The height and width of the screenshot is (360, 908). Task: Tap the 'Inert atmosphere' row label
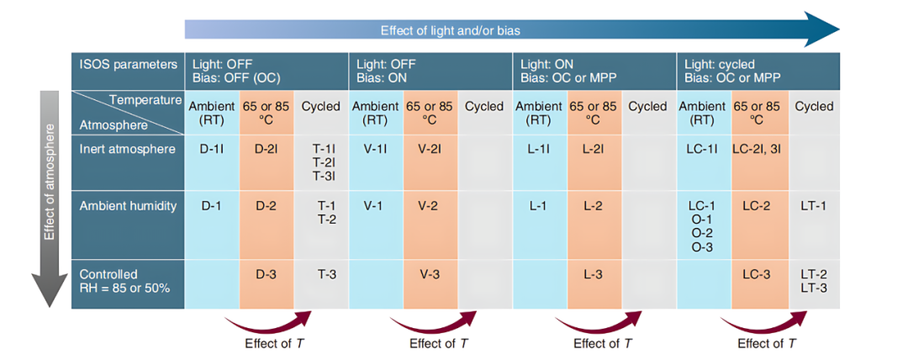[x=117, y=149]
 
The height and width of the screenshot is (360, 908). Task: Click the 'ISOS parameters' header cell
[x=128, y=64]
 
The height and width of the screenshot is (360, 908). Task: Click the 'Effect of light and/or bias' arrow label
[x=450, y=30]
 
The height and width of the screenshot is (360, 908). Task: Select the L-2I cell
[x=593, y=149]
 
